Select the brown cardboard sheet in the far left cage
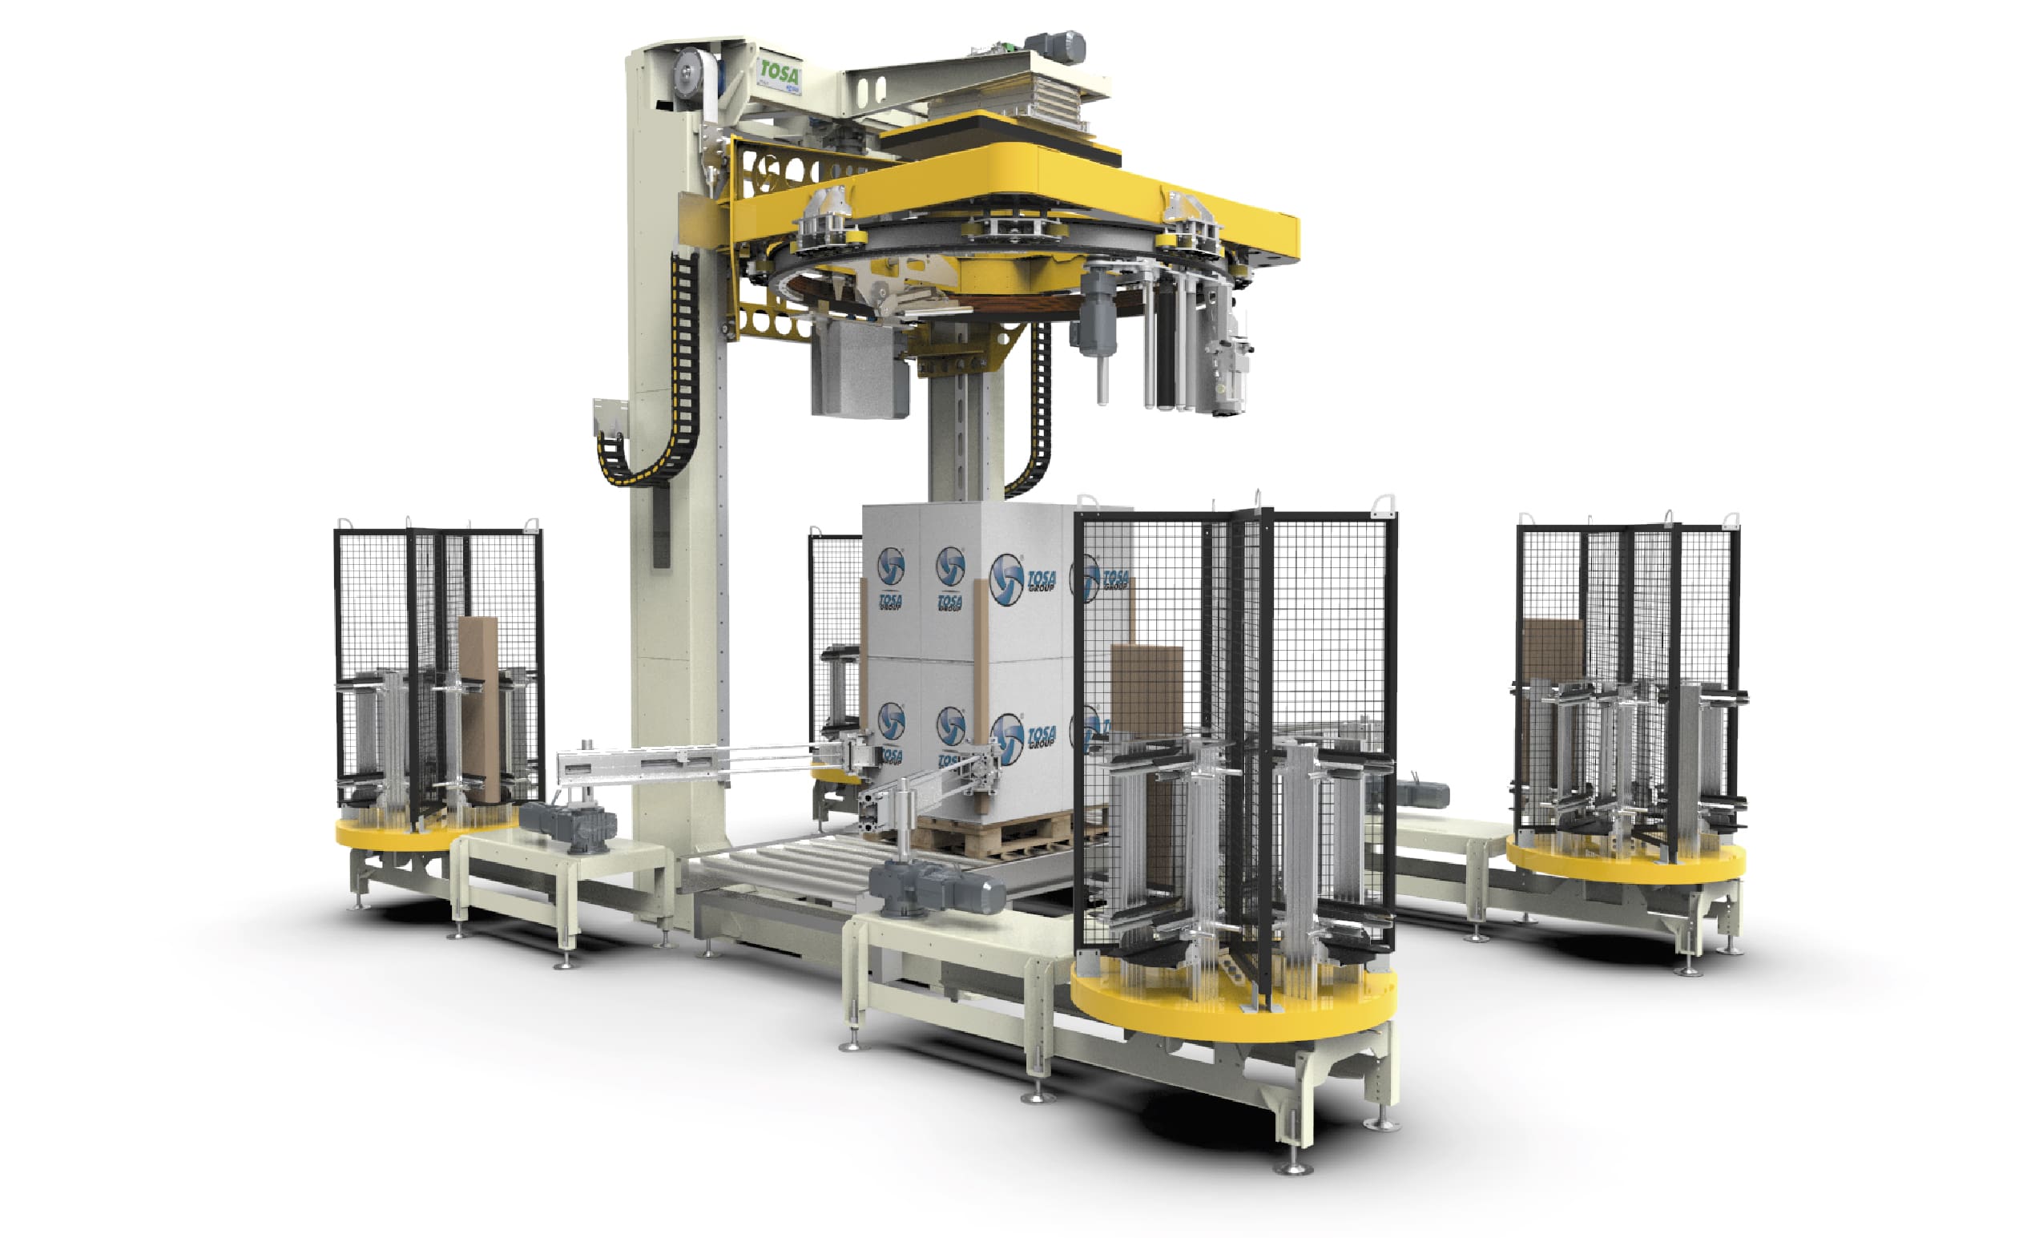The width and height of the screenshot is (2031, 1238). click(x=479, y=704)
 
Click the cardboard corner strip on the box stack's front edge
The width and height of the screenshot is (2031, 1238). click(x=980, y=675)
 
